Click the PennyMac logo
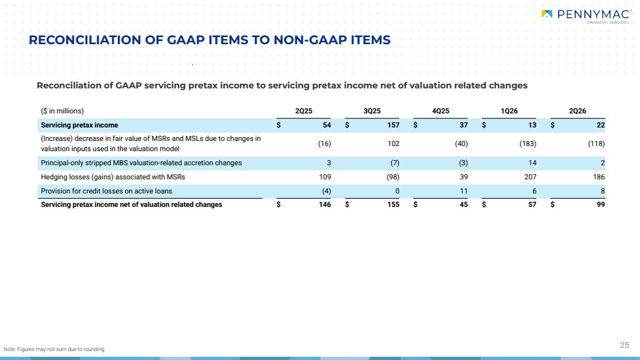click(586, 16)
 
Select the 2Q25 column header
click(304, 111)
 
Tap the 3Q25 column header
click(372, 111)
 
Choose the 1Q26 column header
click(509, 111)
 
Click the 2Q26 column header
click(578, 111)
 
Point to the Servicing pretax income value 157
click(393, 126)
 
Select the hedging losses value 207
click(530, 177)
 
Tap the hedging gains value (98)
click(393, 177)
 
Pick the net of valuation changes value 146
click(325, 204)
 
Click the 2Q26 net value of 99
click(601, 204)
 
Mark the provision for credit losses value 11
click(464, 191)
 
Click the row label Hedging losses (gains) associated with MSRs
click(113, 177)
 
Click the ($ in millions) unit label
click(62, 111)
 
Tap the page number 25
click(625, 345)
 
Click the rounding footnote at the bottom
click(54, 349)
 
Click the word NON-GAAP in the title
click(308, 40)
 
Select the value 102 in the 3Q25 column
click(393, 143)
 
